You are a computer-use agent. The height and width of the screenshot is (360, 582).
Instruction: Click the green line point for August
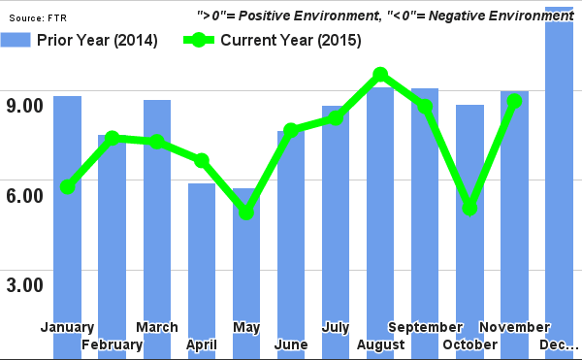pos(380,75)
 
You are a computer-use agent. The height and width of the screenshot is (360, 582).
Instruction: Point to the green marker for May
pos(246,212)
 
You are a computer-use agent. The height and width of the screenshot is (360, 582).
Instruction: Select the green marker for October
pos(469,208)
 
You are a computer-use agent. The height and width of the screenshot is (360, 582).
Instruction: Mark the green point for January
pos(67,186)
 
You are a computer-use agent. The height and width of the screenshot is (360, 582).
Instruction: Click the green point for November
pos(515,101)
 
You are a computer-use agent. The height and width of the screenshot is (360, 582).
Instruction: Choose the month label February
pos(113,344)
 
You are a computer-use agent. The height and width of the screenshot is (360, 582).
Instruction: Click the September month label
pos(425,327)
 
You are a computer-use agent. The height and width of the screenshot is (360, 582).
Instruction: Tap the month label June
pos(291,344)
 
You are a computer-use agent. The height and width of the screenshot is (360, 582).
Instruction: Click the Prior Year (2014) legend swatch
pos(16,40)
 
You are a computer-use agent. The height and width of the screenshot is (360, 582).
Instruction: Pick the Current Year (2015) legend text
pos(291,40)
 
